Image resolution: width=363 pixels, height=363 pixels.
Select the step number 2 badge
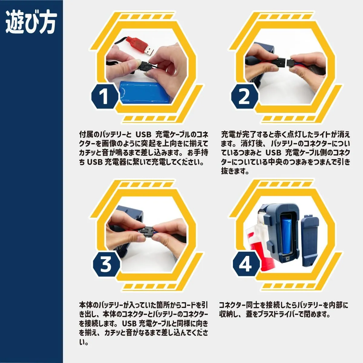(245, 96)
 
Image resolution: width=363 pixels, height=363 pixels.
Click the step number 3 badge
(106, 264)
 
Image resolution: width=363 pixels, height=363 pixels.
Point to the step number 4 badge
(245, 264)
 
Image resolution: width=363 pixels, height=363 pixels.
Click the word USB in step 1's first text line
(144, 135)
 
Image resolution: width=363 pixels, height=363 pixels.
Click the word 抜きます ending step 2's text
(235, 171)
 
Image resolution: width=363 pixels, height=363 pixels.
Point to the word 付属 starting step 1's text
(86, 135)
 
